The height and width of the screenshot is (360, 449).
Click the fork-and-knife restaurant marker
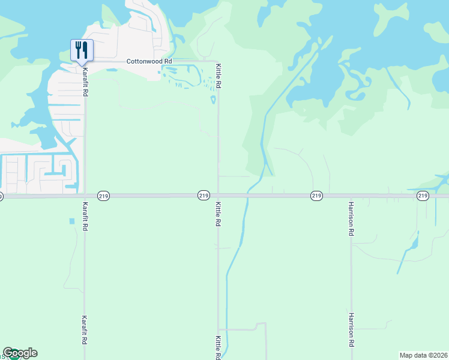pyautogui.click(x=82, y=50)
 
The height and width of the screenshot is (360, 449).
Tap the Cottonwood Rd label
pyautogui.click(x=149, y=61)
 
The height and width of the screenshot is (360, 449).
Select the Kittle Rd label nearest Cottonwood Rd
pyautogui.click(x=218, y=77)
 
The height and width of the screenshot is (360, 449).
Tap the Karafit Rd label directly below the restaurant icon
pyautogui.click(x=85, y=79)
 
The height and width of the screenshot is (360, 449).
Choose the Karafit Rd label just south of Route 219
pyautogui.click(x=85, y=214)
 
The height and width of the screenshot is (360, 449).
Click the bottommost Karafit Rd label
pyautogui.click(x=85, y=330)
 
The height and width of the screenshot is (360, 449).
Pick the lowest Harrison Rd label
pyautogui.click(x=351, y=330)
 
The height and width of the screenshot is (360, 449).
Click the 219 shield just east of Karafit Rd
pyautogui.click(x=103, y=196)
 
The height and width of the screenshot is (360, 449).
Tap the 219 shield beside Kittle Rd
pyautogui.click(x=203, y=196)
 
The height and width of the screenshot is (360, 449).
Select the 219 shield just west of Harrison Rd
pyautogui.click(x=317, y=196)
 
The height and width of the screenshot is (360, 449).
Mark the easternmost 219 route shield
pyautogui.click(x=423, y=196)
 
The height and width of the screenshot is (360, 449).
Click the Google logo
pyautogui.click(x=20, y=353)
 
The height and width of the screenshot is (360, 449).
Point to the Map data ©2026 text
pyautogui.click(x=424, y=355)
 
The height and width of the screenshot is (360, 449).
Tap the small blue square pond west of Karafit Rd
pyautogui.click(x=72, y=221)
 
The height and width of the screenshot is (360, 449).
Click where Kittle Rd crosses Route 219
pyautogui.click(x=218, y=196)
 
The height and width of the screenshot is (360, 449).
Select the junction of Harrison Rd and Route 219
pyautogui.click(x=351, y=196)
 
